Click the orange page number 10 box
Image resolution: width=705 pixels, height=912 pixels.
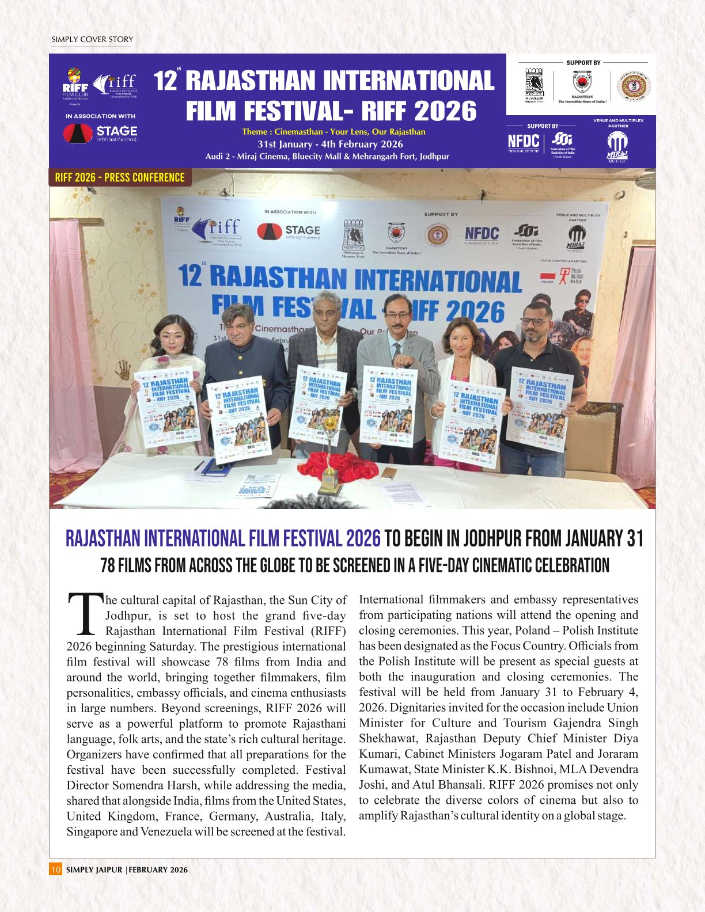pyautogui.click(x=55, y=869)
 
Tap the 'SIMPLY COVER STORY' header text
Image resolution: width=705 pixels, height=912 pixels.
pyautogui.click(x=92, y=40)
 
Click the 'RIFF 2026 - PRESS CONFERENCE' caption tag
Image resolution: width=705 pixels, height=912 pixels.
pyautogui.click(x=120, y=177)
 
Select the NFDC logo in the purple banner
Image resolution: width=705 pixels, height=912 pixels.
pyautogui.click(x=524, y=142)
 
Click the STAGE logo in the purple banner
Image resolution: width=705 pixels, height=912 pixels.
pyautogui.click(x=100, y=133)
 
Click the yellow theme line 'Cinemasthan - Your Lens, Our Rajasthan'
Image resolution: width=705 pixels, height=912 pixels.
pyautogui.click(x=333, y=132)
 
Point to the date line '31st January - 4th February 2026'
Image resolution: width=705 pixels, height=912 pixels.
pyautogui.click(x=330, y=145)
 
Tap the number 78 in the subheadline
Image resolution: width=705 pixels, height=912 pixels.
pyautogui.click(x=108, y=565)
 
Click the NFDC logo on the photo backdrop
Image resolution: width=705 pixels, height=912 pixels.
pyautogui.click(x=482, y=234)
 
